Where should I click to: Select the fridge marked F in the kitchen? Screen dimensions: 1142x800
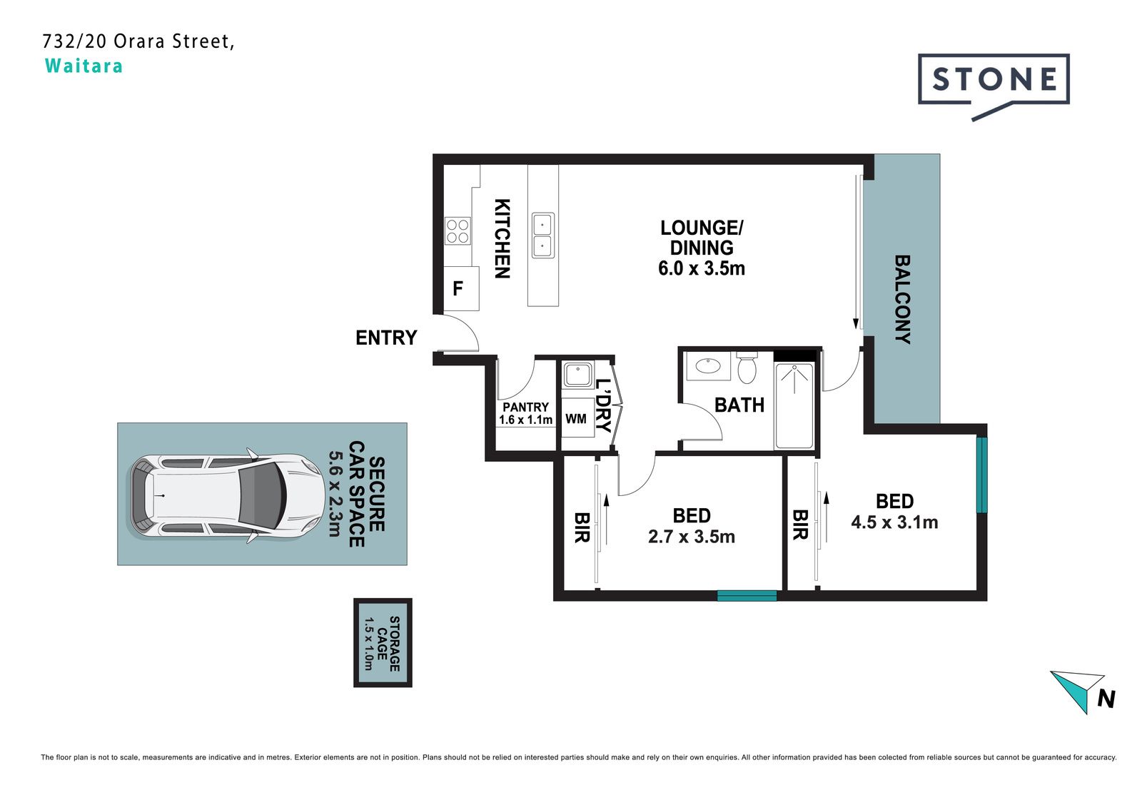click(461, 288)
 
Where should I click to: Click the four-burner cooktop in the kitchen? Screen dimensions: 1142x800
click(458, 231)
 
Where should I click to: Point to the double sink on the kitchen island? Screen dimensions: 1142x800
click(543, 236)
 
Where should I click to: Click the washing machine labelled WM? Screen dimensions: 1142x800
click(577, 418)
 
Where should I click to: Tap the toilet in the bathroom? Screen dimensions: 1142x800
click(747, 367)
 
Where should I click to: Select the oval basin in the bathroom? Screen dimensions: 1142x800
click(707, 365)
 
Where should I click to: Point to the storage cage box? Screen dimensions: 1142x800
click(383, 642)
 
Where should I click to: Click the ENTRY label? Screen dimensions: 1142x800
click(386, 338)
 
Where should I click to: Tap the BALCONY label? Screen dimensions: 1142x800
click(902, 299)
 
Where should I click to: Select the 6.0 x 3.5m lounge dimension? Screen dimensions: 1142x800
click(702, 268)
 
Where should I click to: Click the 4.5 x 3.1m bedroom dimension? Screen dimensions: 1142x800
click(895, 522)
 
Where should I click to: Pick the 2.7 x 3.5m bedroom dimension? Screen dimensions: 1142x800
click(692, 537)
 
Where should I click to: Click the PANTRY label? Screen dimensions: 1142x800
click(525, 407)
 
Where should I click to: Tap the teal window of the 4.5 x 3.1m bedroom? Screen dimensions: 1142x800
click(982, 475)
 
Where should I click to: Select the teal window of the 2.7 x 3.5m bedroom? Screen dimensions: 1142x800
click(747, 595)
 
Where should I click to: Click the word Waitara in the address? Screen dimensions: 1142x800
click(84, 66)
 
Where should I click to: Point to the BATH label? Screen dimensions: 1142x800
click(739, 405)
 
